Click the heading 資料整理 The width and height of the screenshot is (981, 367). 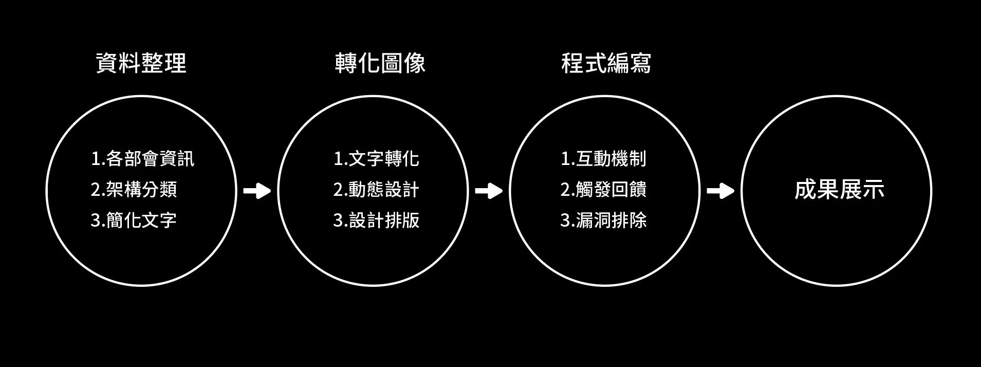141,64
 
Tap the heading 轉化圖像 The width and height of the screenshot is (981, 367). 380,64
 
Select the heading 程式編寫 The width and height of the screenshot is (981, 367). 606,64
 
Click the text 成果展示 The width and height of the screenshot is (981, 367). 839,190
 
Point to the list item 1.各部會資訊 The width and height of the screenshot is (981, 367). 142,158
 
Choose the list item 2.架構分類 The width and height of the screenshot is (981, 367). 134,189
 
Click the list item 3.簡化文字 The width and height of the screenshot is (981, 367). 134,220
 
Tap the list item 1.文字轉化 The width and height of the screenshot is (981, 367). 376,158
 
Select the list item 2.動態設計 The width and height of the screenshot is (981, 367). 376,189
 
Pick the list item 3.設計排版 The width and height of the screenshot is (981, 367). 376,220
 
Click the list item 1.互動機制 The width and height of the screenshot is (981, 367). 603,158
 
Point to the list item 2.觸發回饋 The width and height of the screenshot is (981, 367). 603,189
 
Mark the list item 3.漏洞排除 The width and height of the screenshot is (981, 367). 603,220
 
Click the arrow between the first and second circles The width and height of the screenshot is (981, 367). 257,191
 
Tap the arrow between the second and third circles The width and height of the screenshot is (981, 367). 489,191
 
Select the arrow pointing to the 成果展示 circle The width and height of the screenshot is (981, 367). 720,191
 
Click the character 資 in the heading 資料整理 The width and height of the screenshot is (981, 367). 107,64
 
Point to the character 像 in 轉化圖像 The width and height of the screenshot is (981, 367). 414,64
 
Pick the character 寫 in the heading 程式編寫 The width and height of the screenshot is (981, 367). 640,64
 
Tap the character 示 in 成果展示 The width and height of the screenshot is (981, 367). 873,190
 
